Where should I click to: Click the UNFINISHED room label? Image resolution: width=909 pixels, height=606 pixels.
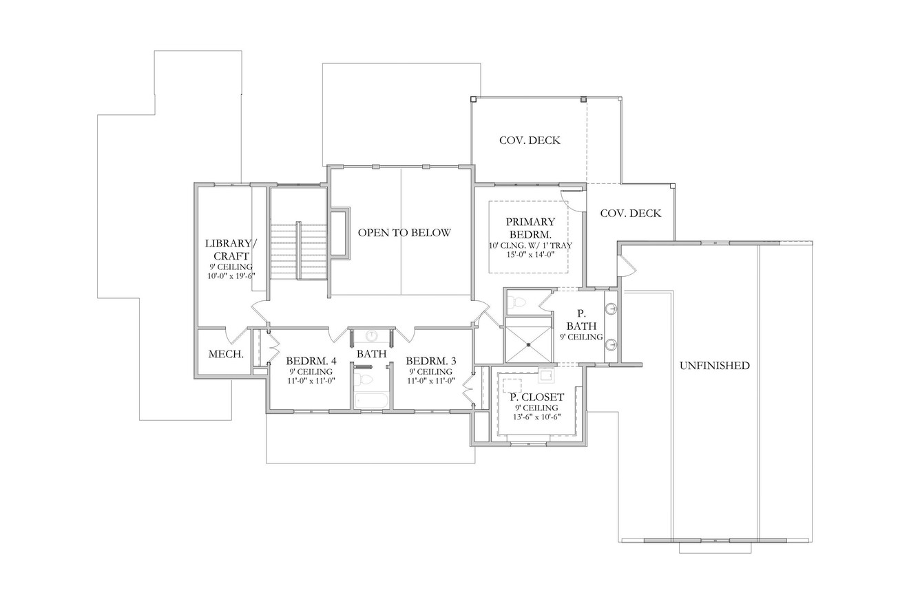(714, 366)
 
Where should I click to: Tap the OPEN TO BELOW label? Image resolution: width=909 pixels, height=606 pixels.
(404, 233)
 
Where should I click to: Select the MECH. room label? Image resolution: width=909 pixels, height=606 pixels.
(226, 355)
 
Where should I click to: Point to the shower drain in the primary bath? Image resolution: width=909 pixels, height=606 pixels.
(528, 344)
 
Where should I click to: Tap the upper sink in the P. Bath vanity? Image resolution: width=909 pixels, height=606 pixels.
(611, 309)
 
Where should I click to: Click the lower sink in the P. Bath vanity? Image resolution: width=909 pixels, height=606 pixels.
(611, 344)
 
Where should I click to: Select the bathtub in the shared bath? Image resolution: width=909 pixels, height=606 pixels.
(372, 401)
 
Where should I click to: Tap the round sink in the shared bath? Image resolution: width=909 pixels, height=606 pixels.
(372, 336)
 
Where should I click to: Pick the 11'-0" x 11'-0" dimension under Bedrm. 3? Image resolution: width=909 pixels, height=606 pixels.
(430, 381)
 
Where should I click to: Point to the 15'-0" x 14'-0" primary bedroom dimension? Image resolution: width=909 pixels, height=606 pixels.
(530, 254)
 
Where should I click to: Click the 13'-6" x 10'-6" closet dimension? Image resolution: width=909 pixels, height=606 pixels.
(536, 417)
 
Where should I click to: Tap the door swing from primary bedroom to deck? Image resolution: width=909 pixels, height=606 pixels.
(572, 198)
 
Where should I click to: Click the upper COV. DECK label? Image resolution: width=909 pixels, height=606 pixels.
(530, 140)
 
